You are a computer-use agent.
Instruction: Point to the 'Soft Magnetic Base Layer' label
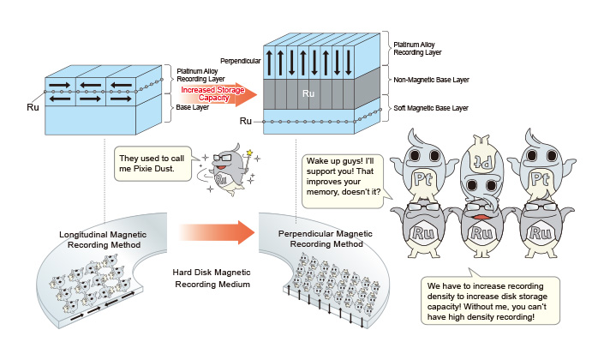(430, 108)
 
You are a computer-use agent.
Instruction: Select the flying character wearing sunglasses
(225, 169)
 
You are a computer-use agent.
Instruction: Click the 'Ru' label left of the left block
(34, 109)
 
